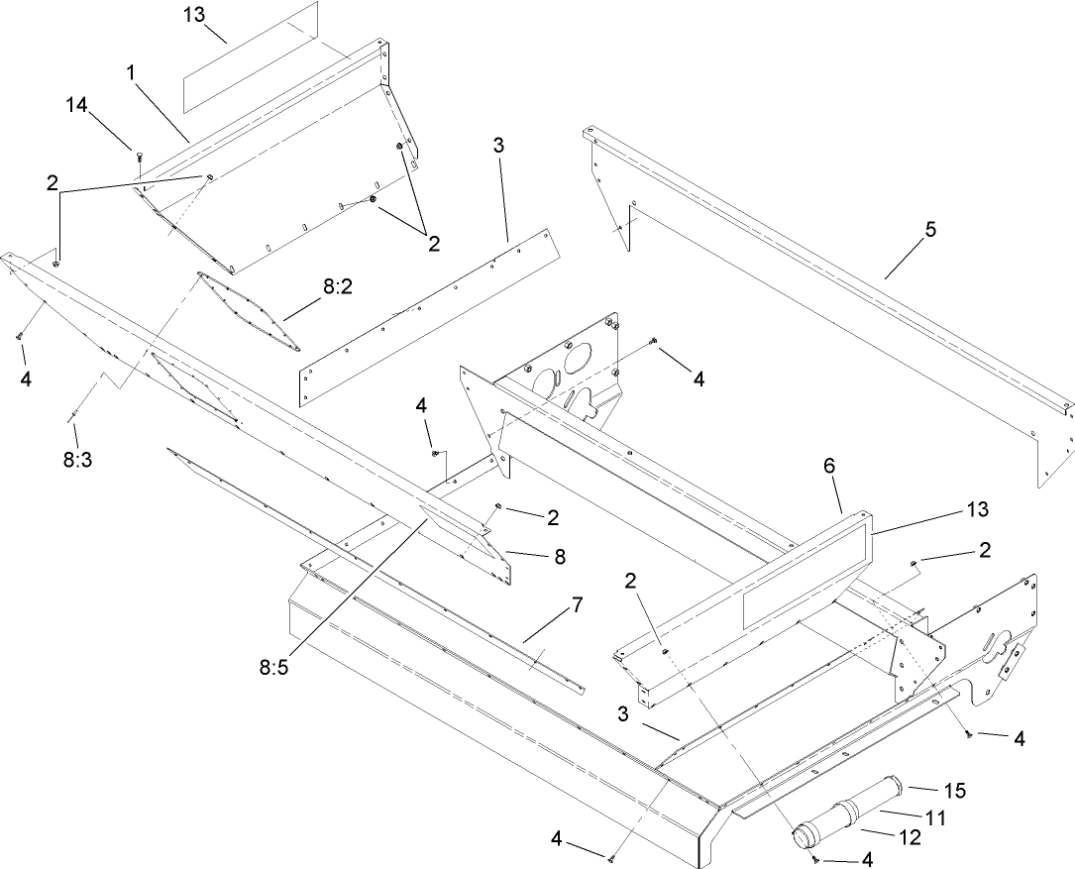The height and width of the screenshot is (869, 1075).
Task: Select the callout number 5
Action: click(x=928, y=229)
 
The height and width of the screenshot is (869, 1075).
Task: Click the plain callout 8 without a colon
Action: click(x=560, y=557)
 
